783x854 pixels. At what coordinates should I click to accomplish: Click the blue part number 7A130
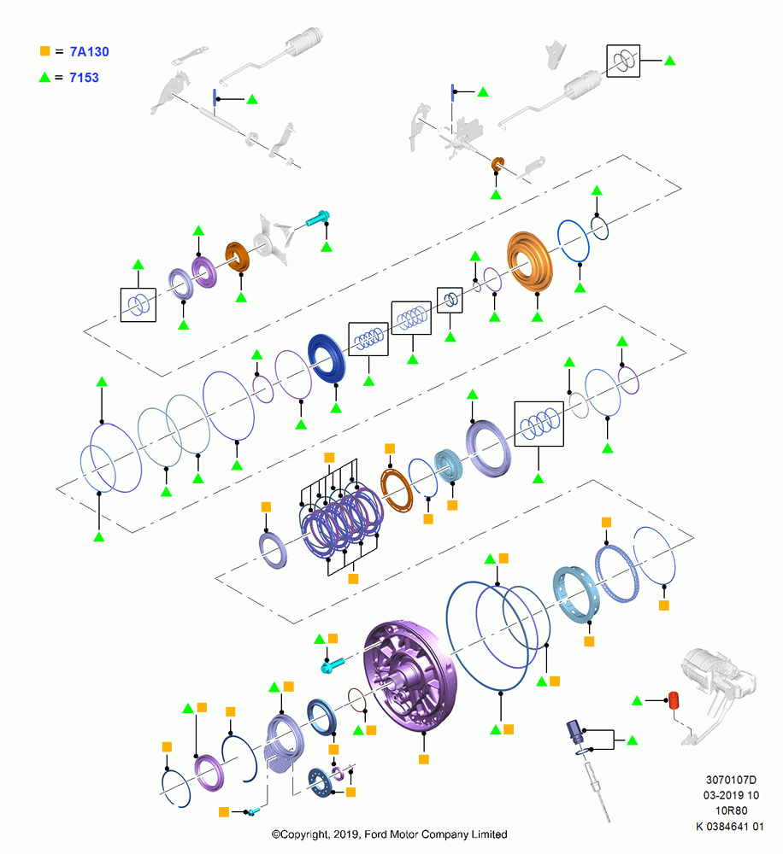[x=90, y=52]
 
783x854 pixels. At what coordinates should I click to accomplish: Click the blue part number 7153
[x=84, y=78]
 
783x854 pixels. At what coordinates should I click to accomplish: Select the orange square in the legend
[x=44, y=50]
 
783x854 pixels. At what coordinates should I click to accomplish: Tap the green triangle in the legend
[x=44, y=78]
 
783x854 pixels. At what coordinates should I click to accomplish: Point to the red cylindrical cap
[x=674, y=700]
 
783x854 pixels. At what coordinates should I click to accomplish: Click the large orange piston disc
[x=529, y=261]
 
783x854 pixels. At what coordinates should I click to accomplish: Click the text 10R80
[x=731, y=810]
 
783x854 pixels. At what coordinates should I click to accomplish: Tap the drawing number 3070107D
[x=731, y=780]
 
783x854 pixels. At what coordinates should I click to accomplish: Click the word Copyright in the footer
[x=305, y=834]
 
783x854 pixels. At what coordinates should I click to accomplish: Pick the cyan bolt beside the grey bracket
[x=317, y=218]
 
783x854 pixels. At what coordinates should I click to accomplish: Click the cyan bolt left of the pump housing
[x=333, y=665]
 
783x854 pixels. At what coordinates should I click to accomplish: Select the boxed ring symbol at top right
[x=622, y=61]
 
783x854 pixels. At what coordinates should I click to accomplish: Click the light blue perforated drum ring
[x=576, y=594]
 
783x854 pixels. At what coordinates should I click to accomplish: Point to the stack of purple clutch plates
[x=342, y=521]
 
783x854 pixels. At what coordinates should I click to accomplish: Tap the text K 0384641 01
[x=729, y=826]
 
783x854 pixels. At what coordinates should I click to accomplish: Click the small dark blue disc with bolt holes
[x=320, y=782]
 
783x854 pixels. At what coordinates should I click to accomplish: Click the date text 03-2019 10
[x=731, y=795]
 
